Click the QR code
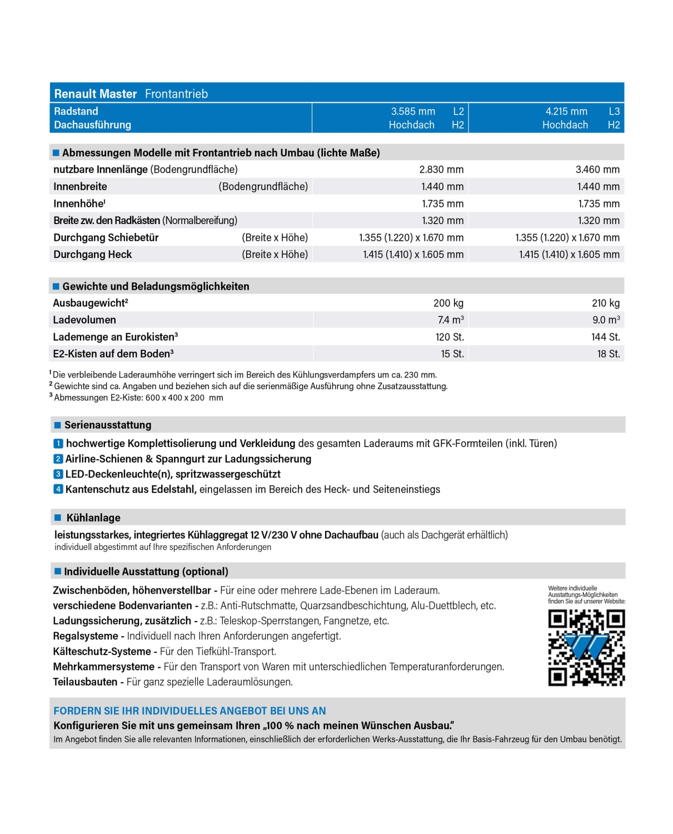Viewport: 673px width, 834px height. pyautogui.click(x=586, y=647)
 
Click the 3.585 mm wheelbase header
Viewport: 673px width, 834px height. pyautogui.click(x=413, y=111)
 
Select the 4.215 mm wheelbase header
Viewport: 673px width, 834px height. pyautogui.click(x=566, y=111)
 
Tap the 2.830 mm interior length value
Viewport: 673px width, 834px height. pyautogui.click(x=441, y=170)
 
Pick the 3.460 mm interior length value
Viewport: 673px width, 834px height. pyautogui.click(x=597, y=170)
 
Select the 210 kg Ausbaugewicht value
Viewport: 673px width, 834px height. pyautogui.click(x=605, y=303)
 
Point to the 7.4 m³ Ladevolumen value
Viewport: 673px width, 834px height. pyautogui.click(x=450, y=320)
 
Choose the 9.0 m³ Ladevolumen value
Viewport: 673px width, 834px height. pyautogui.click(x=606, y=320)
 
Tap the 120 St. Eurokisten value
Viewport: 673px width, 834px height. pyautogui.click(x=450, y=337)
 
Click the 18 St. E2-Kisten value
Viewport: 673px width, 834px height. pyautogui.click(x=608, y=354)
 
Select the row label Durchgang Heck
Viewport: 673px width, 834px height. pyautogui.click(x=93, y=255)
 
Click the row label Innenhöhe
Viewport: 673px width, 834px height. pyautogui.click(x=79, y=203)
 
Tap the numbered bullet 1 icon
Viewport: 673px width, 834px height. pyautogui.click(x=58, y=444)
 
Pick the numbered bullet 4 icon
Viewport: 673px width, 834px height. pyautogui.click(x=58, y=489)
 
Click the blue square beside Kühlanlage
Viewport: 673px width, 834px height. pyautogui.click(x=58, y=518)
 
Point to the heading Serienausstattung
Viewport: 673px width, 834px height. pyautogui.click(x=108, y=425)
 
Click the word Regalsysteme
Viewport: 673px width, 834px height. pyautogui.click(x=86, y=636)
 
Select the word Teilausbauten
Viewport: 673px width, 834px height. pyautogui.click(x=85, y=682)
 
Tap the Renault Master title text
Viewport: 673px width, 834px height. pyautogui.click(x=96, y=94)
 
